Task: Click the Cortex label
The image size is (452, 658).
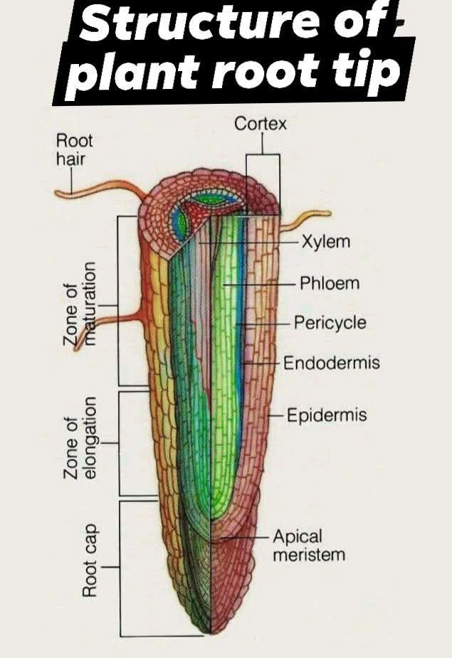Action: pyautogui.click(x=261, y=123)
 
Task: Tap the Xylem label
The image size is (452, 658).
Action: pyautogui.click(x=326, y=241)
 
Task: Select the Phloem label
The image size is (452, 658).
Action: pyautogui.click(x=330, y=283)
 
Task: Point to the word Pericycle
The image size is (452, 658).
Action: pyautogui.click(x=330, y=323)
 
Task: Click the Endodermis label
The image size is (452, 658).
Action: pyautogui.click(x=332, y=363)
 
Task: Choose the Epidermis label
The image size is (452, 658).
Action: pyautogui.click(x=327, y=415)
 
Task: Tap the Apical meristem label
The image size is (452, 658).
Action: pyautogui.click(x=309, y=545)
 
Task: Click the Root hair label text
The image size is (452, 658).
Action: pyautogui.click(x=74, y=149)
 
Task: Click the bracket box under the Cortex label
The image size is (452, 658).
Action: pyautogui.click(x=263, y=185)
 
